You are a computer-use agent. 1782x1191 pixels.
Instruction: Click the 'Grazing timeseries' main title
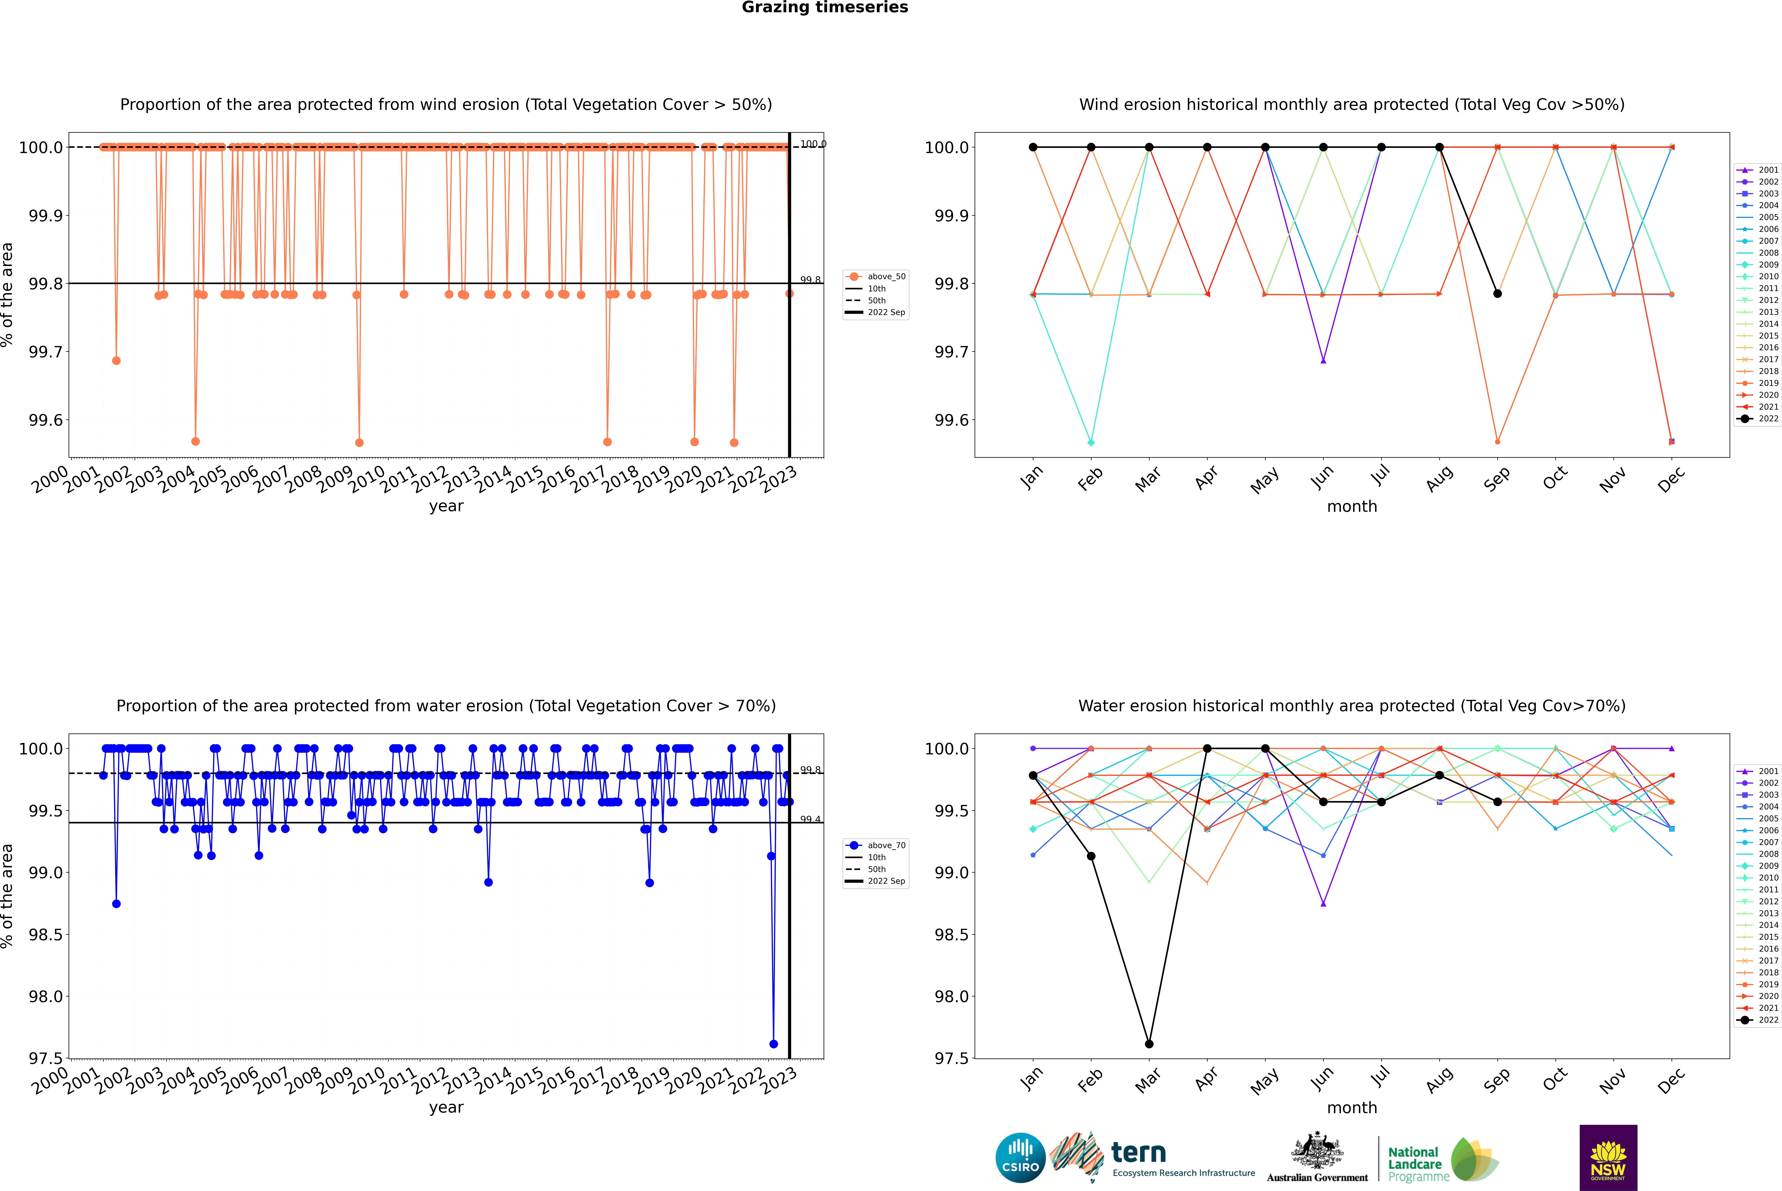825,8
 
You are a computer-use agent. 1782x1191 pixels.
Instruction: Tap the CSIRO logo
1020,1158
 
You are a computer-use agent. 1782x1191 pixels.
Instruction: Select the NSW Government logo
1608,1158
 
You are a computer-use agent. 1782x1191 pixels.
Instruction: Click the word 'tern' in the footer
1138,1152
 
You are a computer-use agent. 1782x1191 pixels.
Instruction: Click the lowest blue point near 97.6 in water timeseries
773,1044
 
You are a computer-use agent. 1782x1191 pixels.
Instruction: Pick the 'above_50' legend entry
876,277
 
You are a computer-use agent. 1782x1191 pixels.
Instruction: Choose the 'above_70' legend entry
876,845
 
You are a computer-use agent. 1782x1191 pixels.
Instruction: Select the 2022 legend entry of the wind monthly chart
1757,418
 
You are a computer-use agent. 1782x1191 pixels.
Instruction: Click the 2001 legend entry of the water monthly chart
1757,771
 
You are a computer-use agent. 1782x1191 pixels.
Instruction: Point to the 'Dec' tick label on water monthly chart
1671,1080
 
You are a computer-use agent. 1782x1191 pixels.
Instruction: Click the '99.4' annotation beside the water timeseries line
810,820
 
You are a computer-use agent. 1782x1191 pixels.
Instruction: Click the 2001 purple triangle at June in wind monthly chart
1323,361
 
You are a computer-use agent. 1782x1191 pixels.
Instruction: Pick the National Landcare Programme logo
1443,1160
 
